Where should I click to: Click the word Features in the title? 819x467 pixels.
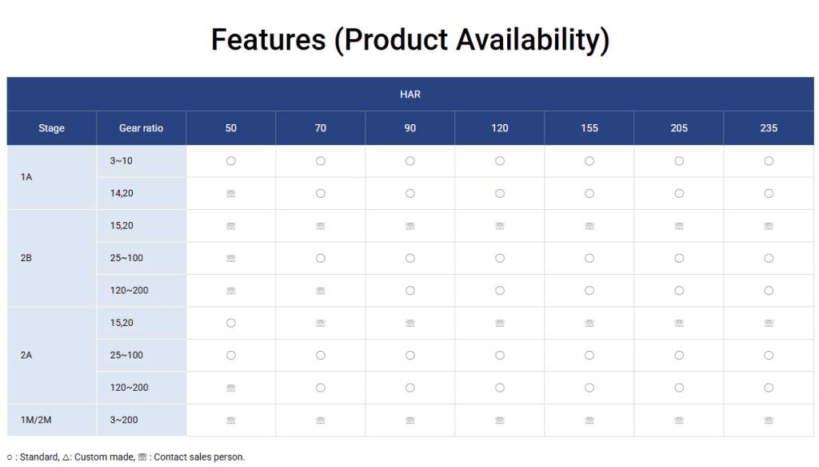click(269, 40)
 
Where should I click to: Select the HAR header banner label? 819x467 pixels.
click(410, 95)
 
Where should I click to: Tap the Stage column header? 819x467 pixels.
click(51, 128)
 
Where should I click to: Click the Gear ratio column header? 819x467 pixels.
click(141, 128)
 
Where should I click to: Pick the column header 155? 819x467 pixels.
click(589, 128)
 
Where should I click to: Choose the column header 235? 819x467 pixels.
click(769, 128)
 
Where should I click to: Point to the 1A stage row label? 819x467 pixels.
click(26, 177)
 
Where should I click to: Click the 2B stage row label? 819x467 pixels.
click(26, 258)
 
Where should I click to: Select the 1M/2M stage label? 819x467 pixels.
click(36, 420)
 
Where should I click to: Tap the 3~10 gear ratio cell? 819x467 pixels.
click(122, 161)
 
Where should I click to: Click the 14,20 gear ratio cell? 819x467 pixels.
click(122, 194)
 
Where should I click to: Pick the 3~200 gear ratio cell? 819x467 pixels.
click(124, 420)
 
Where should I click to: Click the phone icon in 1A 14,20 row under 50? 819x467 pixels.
click(231, 194)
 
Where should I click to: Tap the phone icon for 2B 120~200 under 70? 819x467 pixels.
click(320, 291)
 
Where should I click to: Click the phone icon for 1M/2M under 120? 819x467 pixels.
click(500, 421)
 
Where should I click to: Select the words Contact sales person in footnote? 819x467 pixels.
click(199, 457)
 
